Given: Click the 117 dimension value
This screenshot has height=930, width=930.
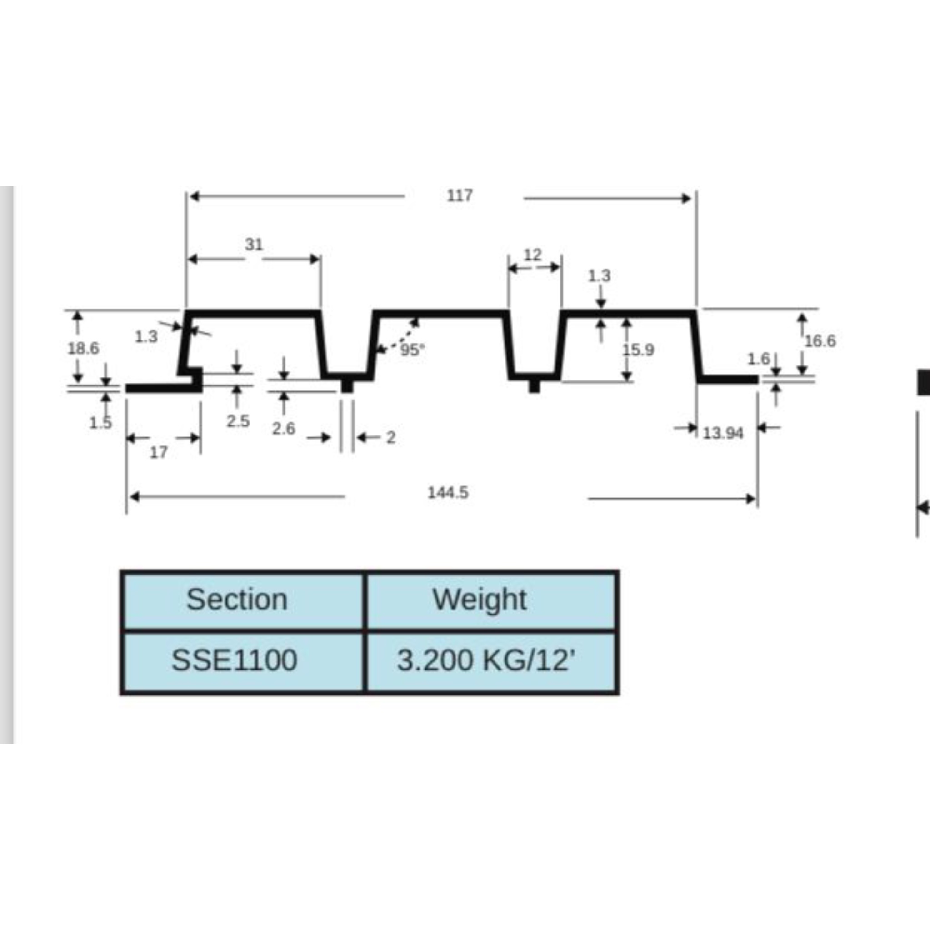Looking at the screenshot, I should [x=459, y=195].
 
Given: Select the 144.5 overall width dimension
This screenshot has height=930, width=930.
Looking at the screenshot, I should [x=448, y=492].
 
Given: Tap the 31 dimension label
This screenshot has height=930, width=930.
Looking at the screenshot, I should [x=254, y=245].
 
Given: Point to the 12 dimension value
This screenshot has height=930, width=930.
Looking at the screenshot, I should [x=532, y=254].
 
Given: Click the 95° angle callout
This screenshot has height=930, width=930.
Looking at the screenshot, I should [x=413, y=350].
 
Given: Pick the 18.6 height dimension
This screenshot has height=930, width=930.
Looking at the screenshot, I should [x=83, y=348].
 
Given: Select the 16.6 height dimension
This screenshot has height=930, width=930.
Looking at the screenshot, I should [x=820, y=341].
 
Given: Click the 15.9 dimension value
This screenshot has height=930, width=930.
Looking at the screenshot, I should [x=638, y=350].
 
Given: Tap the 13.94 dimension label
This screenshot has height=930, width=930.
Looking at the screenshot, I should [x=723, y=433].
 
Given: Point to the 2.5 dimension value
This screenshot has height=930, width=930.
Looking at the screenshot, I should [x=238, y=421].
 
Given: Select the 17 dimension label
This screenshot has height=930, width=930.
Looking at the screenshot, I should [x=158, y=452].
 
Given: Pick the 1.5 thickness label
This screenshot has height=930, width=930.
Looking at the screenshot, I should [x=100, y=423].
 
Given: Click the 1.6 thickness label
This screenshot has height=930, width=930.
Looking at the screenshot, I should [x=758, y=359].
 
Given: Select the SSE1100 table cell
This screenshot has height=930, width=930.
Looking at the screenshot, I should [x=234, y=660].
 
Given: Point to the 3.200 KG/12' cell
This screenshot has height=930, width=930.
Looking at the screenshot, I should [x=486, y=660].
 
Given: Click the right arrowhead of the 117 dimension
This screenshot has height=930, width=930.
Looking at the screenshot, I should [x=688, y=198].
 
